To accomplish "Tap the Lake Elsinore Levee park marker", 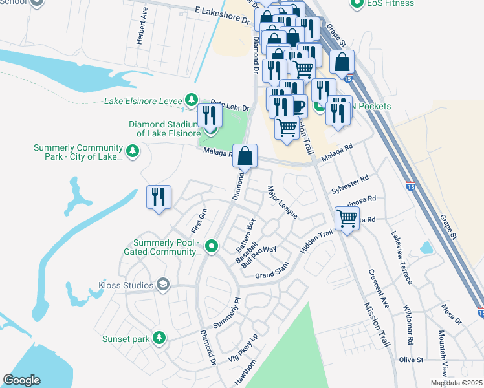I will [x=191, y=100].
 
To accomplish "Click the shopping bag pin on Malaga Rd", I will [x=245, y=156].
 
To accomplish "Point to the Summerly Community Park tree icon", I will [x=133, y=151].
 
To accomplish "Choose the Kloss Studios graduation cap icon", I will [x=163, y=285].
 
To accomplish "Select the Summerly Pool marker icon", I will [x=211, y=246].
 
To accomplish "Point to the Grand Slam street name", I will [x=271, y=275].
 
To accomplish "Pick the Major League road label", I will [x=282, y=202].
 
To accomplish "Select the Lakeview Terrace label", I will [x=401, y=258].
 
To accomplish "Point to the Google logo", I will [x=21, y=380].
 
